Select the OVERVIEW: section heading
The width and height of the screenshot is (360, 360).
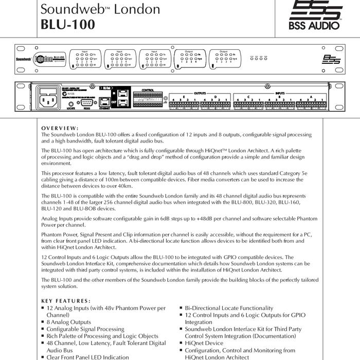(60, 128)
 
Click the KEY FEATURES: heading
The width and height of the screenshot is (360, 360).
(65, 301)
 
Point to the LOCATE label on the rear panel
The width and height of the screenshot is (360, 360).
(71, 109)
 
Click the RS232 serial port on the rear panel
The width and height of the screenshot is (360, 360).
(85, 100)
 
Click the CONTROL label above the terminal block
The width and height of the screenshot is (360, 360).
(148, 90)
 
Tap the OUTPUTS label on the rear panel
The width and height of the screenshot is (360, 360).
(199, 93)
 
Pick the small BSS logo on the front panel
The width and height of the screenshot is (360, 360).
(328, 60)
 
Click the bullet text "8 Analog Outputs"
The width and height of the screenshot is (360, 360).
(68, 322)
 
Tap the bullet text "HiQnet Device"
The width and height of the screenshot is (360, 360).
(204, 343)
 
